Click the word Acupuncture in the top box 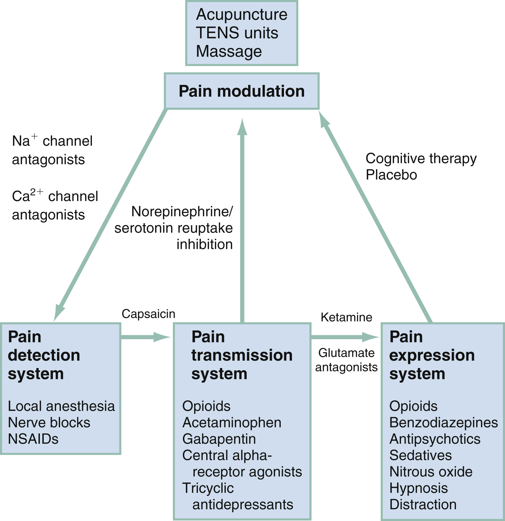(x=241, y=14)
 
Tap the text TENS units (x=237, y=33)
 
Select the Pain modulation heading (x=241, y=91)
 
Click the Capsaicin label (x=148, y=314)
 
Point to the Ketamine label (x=346, y=317)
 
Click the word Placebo (x=391, y=175)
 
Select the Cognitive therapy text (x=421, y=159)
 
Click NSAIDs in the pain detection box (x=33, y=439)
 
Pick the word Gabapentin (x=219, y=439)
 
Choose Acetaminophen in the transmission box (x=232, y=422)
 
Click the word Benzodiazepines (x=443, y=422)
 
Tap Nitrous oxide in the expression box (x=431, y=472)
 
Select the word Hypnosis (x=418, y=488)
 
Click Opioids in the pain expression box (x=413, y=406)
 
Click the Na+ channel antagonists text (x=52, y=150)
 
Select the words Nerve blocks (x=49, y=422)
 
